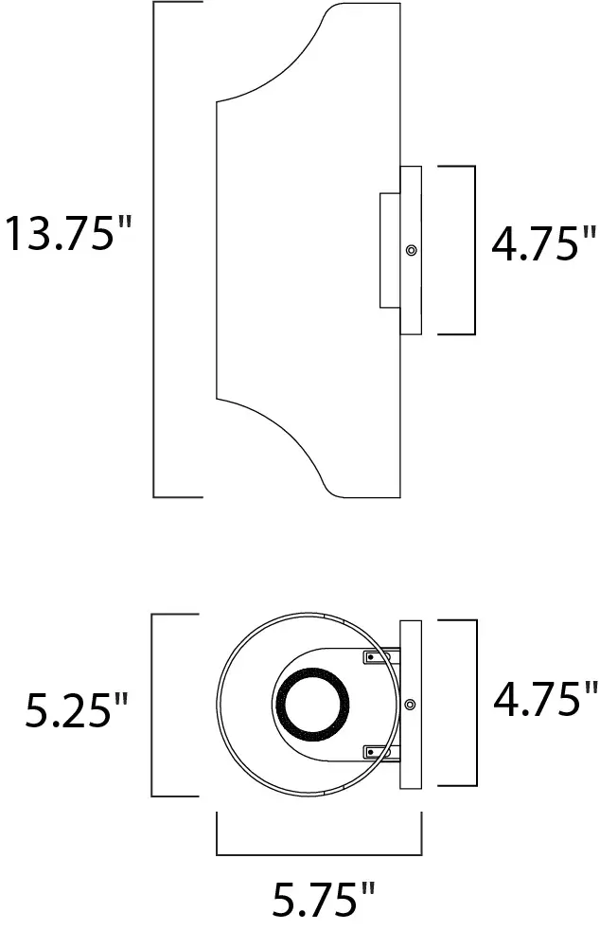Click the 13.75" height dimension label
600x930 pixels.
coord(66,234)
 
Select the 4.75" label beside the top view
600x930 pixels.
coord(546,700)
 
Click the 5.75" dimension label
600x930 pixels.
coord(323,900)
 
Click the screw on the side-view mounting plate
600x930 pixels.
coord(411,251)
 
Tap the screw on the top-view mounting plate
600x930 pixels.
coord(411,704)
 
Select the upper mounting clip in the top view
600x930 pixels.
coord(377,656)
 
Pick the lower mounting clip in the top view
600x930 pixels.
coord(377,752)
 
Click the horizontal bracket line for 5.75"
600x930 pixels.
coord(320,854)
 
